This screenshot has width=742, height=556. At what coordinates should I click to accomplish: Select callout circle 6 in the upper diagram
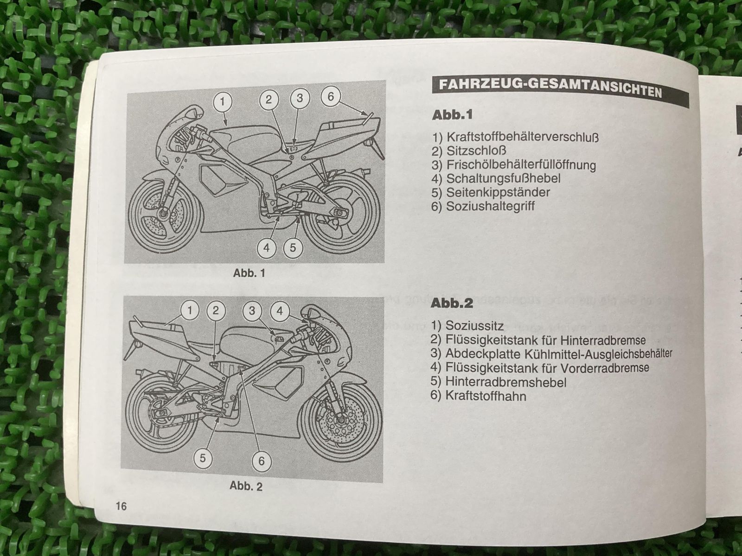pos(331,97)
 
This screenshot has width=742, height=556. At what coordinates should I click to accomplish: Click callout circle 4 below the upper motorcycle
pos(266,248)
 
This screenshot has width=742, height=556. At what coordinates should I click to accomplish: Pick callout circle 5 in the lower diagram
pos(203,458)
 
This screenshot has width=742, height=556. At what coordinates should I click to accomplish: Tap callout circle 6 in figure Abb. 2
pos(261,461)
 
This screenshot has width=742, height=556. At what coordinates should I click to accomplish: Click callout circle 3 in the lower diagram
pos(252,310)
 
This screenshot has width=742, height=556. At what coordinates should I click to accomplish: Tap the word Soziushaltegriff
pos(490,206)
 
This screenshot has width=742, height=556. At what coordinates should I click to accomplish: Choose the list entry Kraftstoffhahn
pos(485,396)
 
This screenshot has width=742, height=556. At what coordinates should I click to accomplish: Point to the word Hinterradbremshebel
pos(505,382)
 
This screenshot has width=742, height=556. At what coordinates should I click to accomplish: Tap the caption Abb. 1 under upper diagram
pos(249,273)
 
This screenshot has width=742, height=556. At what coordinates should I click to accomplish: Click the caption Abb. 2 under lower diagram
pos(246,486)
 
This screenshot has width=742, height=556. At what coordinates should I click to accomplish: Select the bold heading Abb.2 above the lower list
pos(452,303)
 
